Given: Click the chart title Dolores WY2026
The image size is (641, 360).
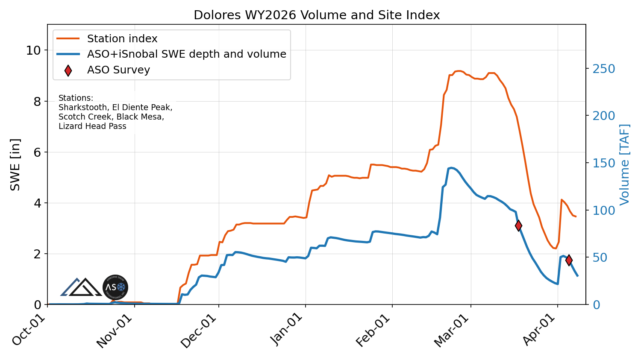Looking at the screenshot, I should coord(316,15).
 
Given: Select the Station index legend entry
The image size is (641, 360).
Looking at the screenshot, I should coord(122,39).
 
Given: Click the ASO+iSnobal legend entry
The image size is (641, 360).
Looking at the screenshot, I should coord(186,54).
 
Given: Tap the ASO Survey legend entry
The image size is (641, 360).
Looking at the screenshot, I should coord(118,70).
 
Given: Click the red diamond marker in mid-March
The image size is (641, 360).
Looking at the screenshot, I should coord(518,225).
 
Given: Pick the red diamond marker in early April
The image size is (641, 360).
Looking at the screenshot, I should coord(569,260).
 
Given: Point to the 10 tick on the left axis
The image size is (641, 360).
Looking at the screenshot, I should coord(33,51).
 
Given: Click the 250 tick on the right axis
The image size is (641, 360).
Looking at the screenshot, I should coord(603,69).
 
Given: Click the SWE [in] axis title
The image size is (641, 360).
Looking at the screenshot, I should coord(15,164).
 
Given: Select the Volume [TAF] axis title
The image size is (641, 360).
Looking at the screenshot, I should coord(625,164).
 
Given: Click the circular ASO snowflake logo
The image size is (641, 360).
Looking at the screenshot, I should coord(115,287).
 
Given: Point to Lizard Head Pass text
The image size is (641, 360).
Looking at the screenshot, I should coord(92,126).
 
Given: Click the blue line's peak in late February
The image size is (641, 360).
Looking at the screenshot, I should coord(451,168).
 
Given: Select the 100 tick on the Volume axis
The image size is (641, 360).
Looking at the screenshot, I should coord(603,211).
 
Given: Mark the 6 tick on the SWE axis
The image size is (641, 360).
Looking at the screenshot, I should coord(38,152).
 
